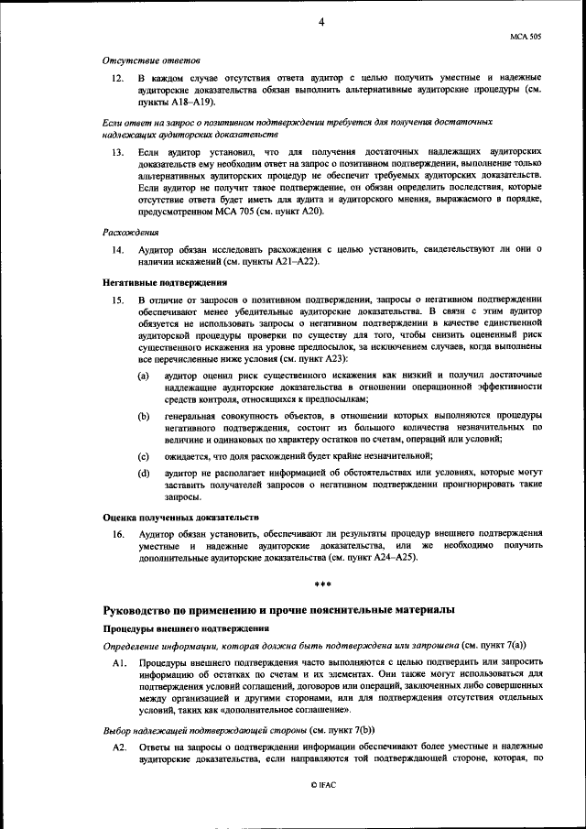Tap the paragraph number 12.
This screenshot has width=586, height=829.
tap(118, 80)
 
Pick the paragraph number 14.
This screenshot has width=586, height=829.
tap(118, 249)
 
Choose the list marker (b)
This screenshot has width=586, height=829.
tap(144, 416)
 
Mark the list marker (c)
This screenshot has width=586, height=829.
tap(144, 455)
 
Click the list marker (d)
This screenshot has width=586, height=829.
tap(144, 473)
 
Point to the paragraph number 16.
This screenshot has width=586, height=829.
tap(118, 533)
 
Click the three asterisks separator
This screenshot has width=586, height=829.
tap(322, 585)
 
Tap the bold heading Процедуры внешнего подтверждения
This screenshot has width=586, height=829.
tap(185, 628)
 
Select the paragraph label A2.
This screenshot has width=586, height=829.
tap(118, 747)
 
